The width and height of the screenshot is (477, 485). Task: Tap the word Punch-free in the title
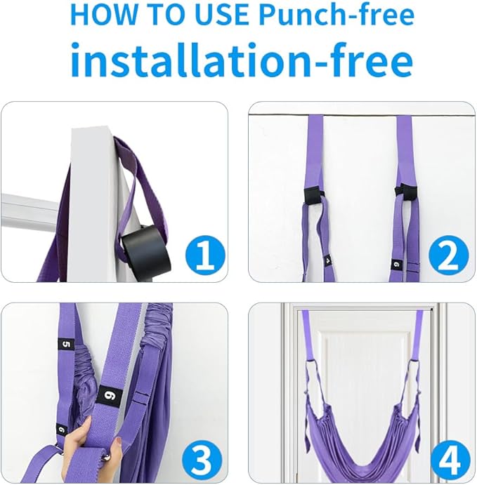point(336,15)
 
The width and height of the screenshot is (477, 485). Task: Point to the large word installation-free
point(242,60)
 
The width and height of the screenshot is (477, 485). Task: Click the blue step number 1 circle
point(205,255)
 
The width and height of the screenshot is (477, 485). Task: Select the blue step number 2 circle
point(449,255)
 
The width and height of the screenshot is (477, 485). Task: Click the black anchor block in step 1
point(145,250)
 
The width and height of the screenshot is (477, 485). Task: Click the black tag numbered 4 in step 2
point(328,260)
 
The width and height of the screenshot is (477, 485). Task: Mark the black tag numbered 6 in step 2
point(396,265)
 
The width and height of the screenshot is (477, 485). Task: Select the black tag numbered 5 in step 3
point(67,344)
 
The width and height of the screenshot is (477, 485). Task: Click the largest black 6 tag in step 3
point(109,395)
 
